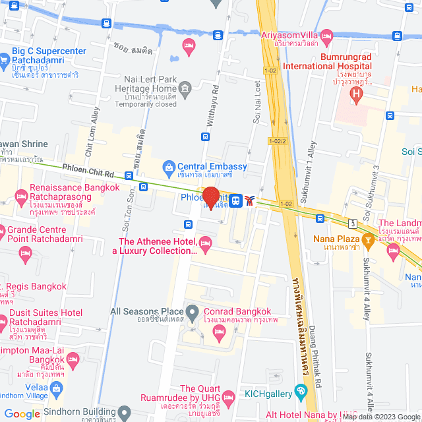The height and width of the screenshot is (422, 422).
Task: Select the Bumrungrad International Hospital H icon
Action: tap(357, 94)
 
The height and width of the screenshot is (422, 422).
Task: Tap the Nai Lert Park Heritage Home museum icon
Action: tap(185, 88)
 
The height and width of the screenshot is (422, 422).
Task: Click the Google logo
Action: tap(22, 413)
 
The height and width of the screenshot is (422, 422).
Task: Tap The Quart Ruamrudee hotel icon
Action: tap(228, 398)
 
